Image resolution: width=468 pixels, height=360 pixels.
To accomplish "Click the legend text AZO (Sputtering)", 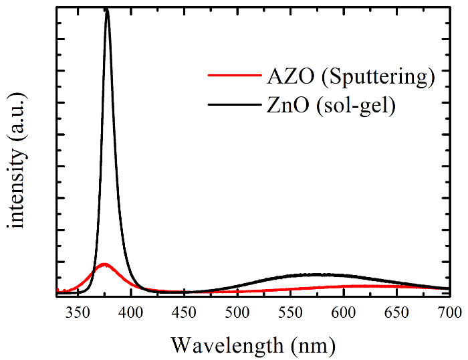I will [x=346, y=76].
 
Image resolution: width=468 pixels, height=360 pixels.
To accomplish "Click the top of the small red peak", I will [x=104, y=264].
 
